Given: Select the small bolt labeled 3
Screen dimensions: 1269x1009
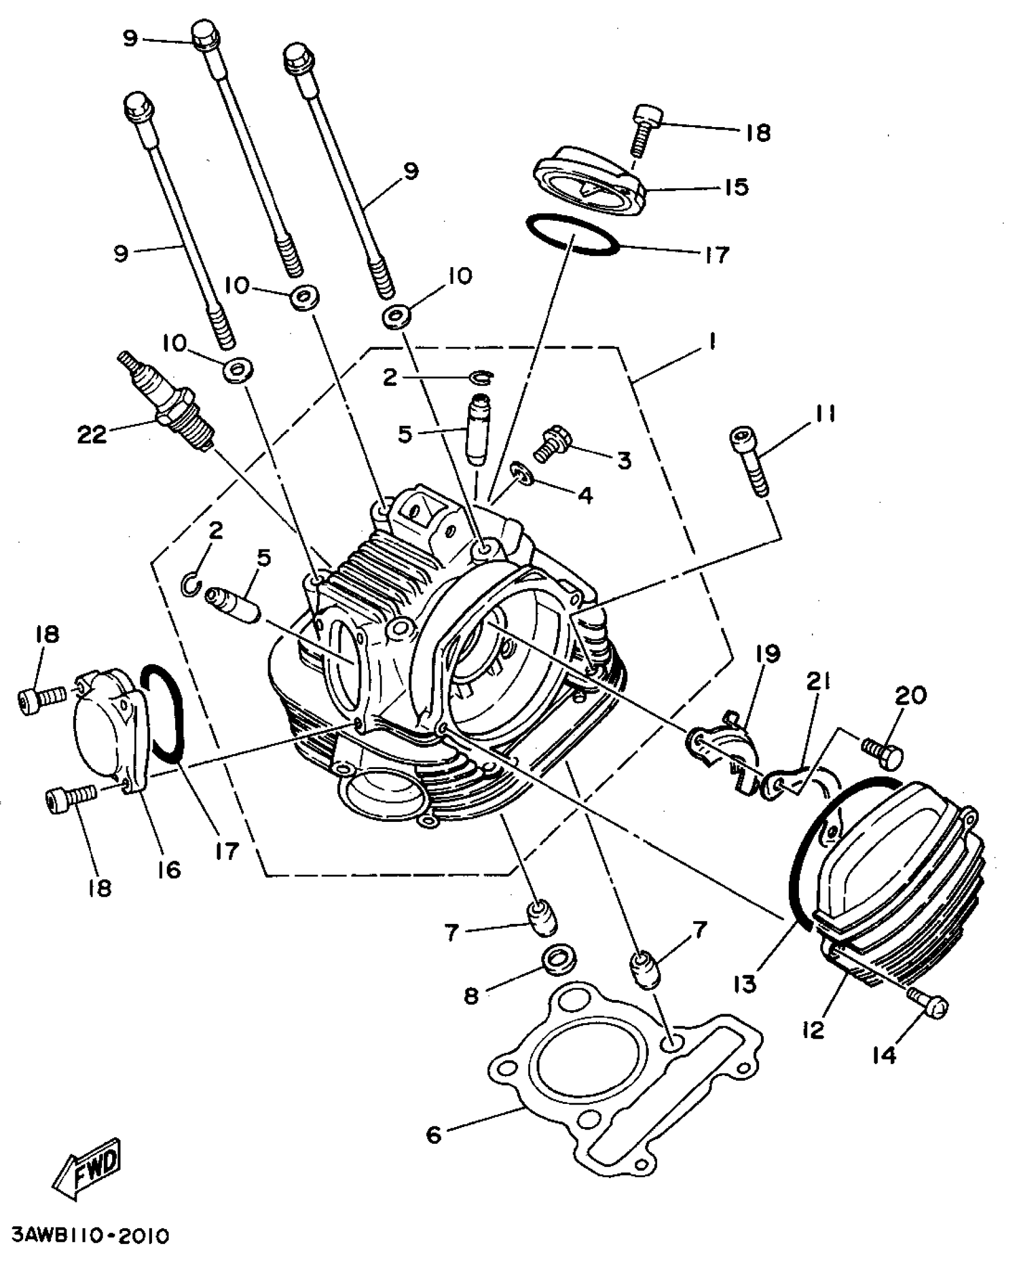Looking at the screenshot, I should click(549, 444).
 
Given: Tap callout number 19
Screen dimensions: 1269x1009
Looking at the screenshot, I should click(767, 654).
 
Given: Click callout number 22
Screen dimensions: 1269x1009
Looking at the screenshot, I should click(92, 435).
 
